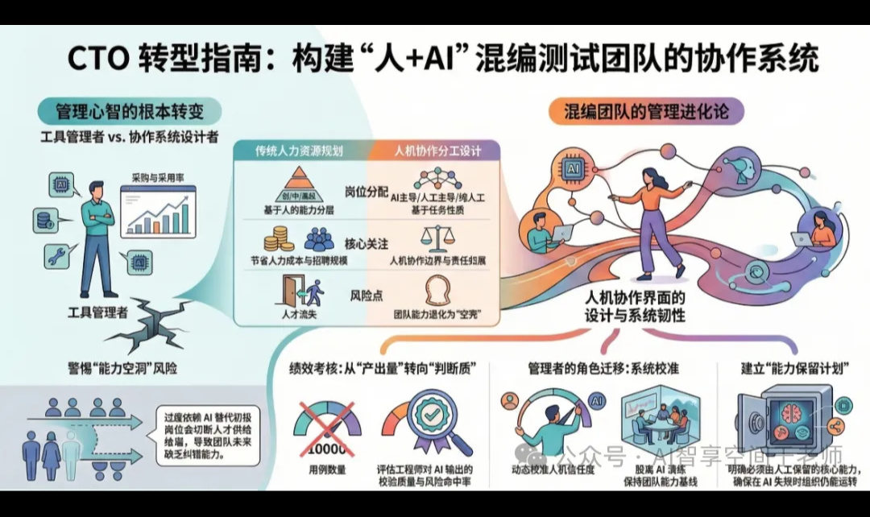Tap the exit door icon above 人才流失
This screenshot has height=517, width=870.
click(x=296, y=290)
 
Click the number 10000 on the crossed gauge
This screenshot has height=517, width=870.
click(x=326, y=449)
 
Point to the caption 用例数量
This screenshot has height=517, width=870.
click(x=326, y=469)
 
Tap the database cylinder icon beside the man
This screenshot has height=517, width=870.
click(x=45, y=218)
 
